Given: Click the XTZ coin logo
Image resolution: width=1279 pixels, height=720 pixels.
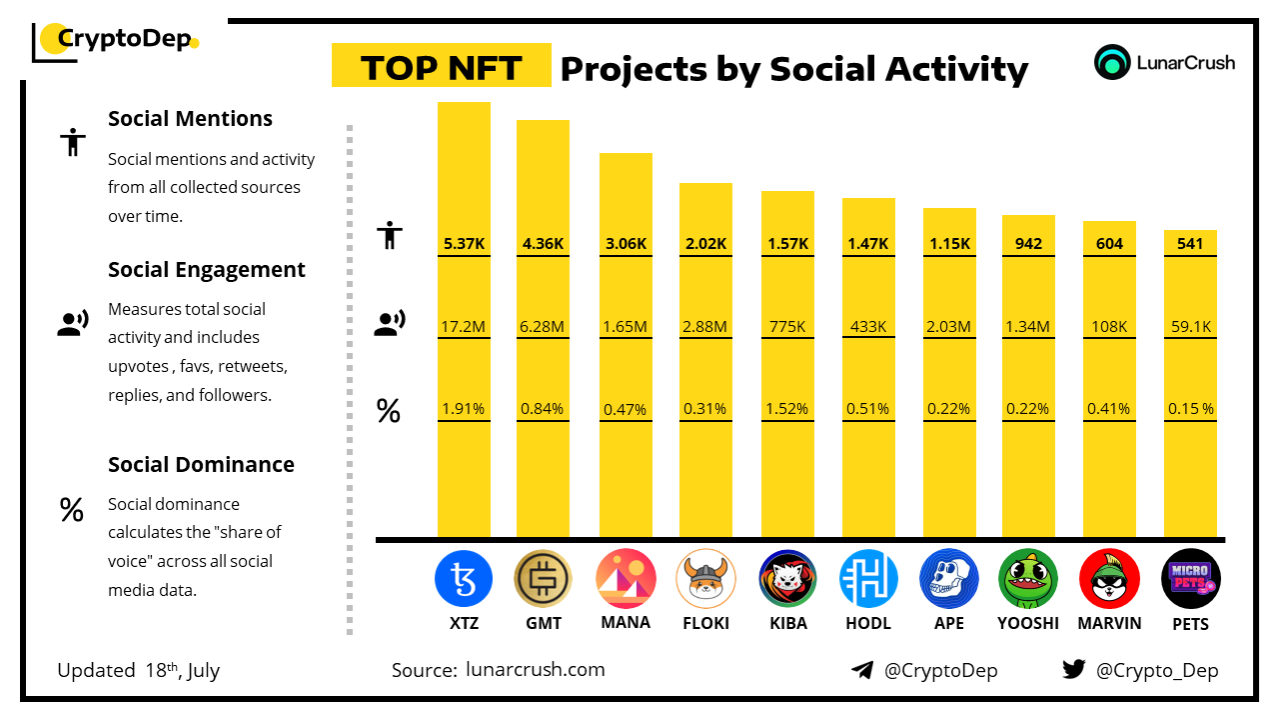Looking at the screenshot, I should pyautogui.click(x=464, y=579).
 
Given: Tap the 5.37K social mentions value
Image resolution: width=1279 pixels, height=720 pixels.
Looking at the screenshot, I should pyautogui.click(x=464, y=243).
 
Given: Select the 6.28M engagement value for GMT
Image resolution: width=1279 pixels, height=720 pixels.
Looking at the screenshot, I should pyautogui.click(x=543, y=326).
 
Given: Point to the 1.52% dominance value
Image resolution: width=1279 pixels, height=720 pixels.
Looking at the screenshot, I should pyautogui.click(x=787, y=409).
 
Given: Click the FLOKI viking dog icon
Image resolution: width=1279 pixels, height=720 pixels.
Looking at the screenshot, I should pyautogui.click(x=705, y=579).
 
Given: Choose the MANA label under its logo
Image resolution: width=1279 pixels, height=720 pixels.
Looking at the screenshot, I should pyautogui.click(x=626, y=622).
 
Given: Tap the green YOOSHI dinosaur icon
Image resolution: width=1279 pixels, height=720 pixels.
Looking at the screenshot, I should pyautogui.click(x=1028, y=579).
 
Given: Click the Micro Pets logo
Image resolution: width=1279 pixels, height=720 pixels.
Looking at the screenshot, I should pyautogui.click(x=1190, y=579).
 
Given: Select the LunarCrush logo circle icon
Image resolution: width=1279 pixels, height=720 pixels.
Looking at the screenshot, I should pyautogui.click(x=1111, y=62).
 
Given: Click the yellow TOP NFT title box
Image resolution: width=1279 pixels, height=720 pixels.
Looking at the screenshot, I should pyautogui.click(x=441, y=67).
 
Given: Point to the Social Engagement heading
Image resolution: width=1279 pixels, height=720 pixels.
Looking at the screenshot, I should pyautogui.click(x=207, y=270).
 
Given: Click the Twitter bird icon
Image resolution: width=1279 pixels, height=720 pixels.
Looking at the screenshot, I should pyautogui.click(x=1074, y=670).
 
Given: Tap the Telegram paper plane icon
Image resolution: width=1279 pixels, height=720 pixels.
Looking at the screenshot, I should pyautogui.click(x=862, y=670).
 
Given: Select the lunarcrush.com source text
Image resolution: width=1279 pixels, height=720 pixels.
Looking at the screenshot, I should pyautogui.click(x=536, y=670).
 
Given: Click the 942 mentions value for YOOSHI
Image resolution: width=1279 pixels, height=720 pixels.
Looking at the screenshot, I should pyautogui.click(x=1028, y=243).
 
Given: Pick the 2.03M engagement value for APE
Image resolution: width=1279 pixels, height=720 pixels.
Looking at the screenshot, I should pyautogui.click(x=949, y=326).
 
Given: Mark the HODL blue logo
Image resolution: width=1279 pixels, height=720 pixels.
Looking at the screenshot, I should pyautogui.click(x=867, y=579).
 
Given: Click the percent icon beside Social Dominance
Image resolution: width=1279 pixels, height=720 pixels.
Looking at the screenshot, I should pyautogui.click(x=71, y=510).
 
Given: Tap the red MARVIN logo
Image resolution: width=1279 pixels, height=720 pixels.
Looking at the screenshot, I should pyautogui.click(x=1109, y=579).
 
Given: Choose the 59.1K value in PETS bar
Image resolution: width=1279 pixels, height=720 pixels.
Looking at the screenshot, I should pyautogui.click(x=1190, y=326).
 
